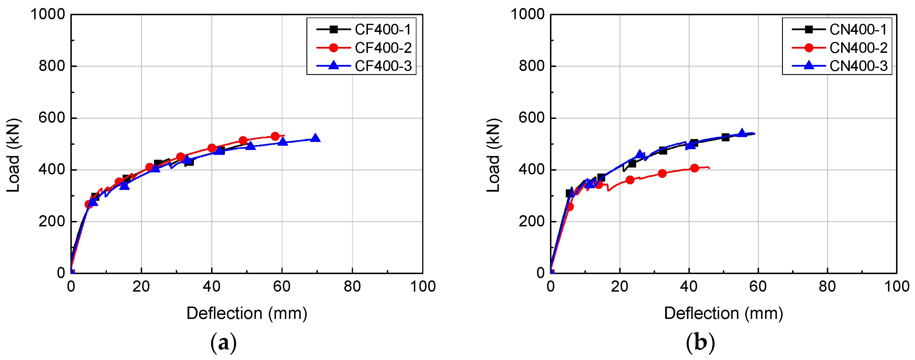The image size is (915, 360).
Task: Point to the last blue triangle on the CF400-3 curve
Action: coord(315,138)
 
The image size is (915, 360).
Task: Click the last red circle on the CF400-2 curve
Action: coord(275,136)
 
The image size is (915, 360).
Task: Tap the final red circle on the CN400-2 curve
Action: coord(694,168)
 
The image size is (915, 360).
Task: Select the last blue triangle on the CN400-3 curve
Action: coord(742,132)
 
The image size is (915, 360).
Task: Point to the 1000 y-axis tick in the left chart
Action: coord(48,15)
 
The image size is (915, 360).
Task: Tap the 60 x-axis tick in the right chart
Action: coord(758,286)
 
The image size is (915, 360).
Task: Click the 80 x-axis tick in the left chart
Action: coord(352,286)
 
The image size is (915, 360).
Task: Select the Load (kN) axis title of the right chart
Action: coord(493,155)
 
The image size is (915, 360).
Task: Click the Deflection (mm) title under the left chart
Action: coord(246,313)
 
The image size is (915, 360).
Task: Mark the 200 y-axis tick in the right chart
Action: coord(531,222)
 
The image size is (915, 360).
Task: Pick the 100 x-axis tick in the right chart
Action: coord(897,286)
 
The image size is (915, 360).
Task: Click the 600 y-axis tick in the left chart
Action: coord(52,118)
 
